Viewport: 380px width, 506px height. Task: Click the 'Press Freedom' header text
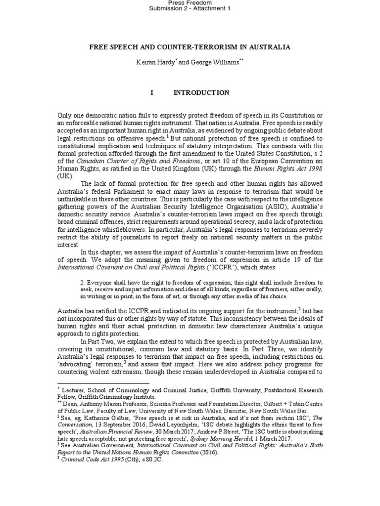190,2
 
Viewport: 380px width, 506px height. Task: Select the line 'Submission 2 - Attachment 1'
190,10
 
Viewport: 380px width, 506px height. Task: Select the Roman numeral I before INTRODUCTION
151,92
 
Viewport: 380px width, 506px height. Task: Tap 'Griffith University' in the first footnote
241,390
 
